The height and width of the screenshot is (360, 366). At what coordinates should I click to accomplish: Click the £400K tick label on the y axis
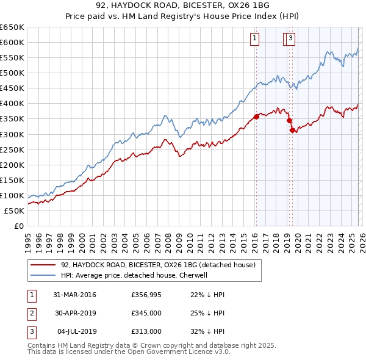(x=12, y=104)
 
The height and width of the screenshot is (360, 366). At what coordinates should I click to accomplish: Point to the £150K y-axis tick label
(x=12, y=180)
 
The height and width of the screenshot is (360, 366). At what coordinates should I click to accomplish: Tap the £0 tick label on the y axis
(x=18, y=226)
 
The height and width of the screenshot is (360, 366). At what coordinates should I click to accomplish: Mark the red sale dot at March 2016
(x=256, y=117)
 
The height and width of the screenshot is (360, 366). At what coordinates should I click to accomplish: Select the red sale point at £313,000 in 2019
(x=292, y=130)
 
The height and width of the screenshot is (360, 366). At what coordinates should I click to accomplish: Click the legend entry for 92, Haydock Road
(x=161, y=265)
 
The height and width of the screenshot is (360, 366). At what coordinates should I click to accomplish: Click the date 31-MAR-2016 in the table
(x=74, y=295)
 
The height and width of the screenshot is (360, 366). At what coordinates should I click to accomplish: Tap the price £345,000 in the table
(x=146, y=313)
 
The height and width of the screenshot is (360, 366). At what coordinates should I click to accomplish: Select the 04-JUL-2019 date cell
(x=74, y=331)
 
